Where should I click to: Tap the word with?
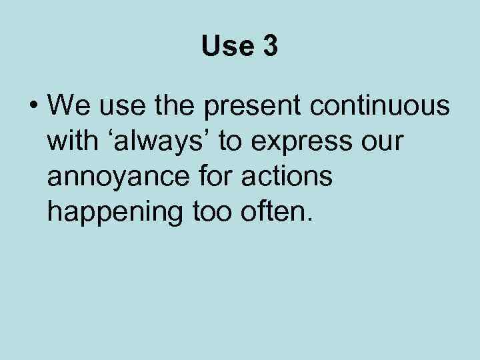pos(69,141)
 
